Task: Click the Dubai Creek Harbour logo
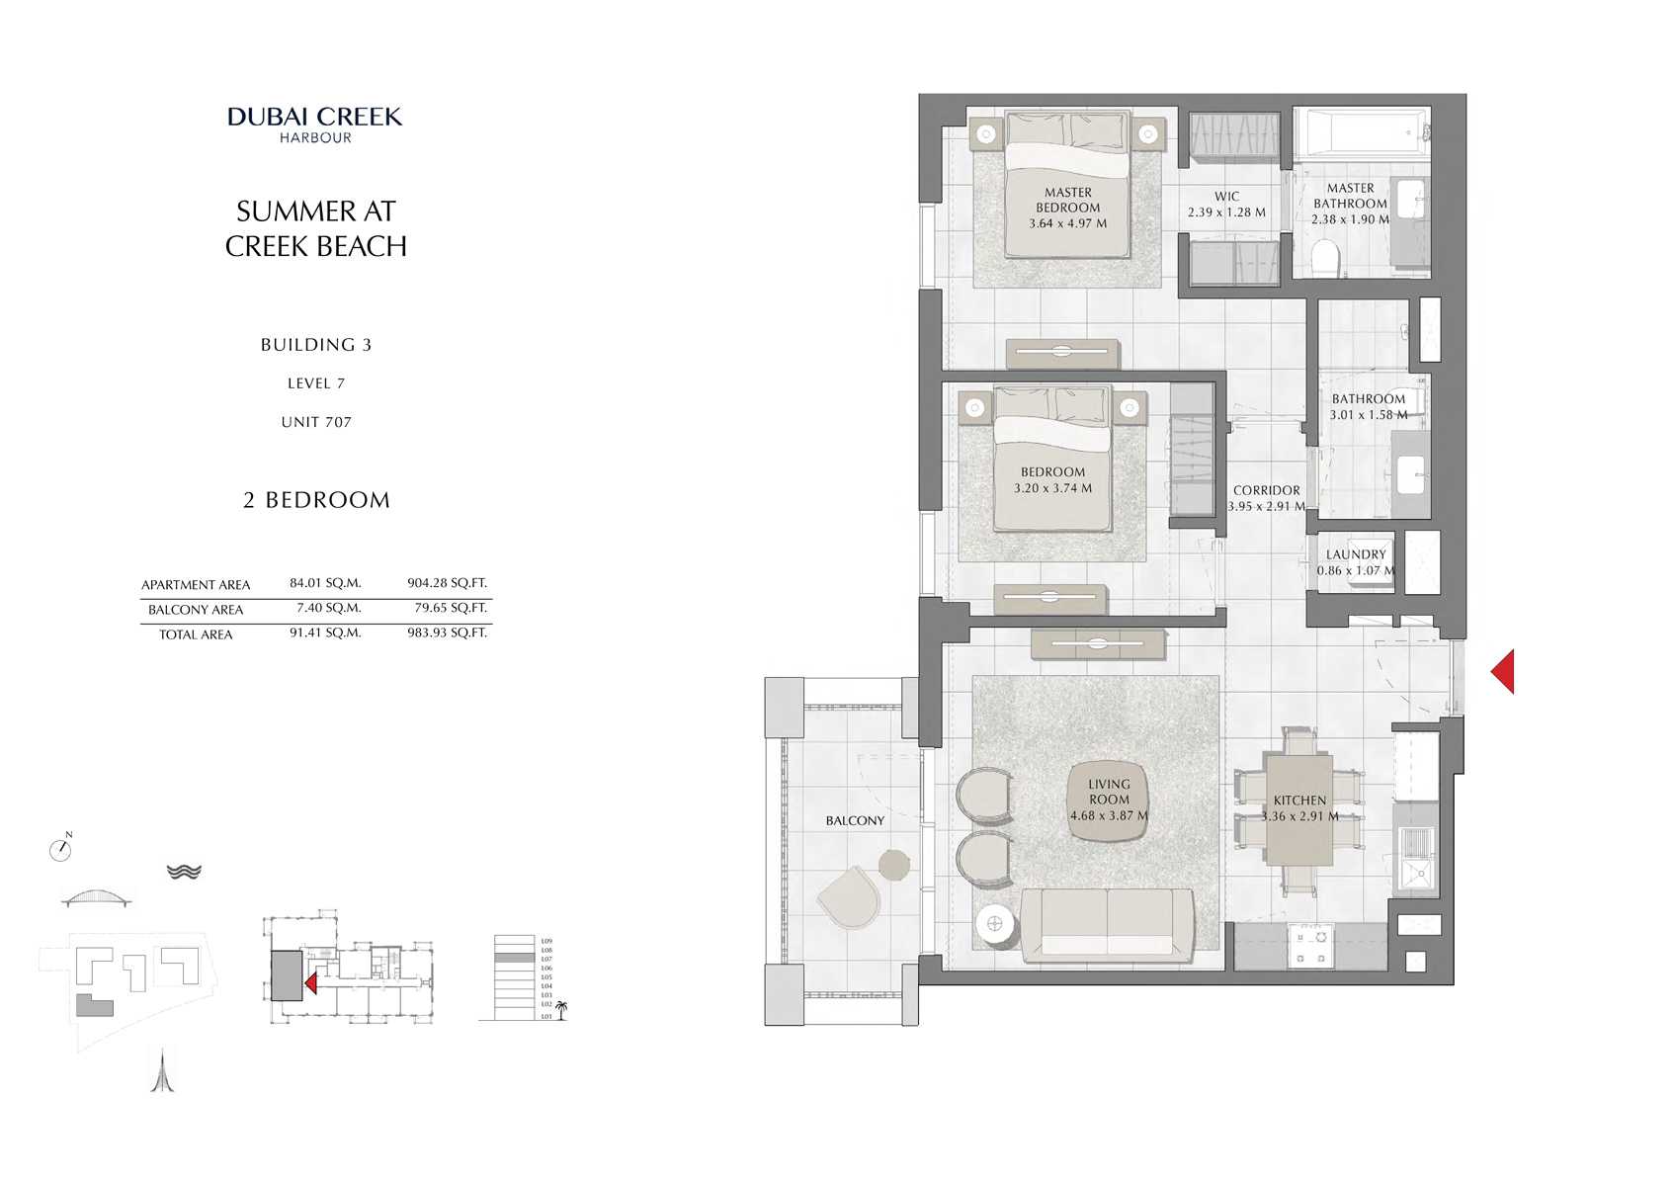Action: pos(315,125)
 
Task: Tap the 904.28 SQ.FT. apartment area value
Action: pos(447,583)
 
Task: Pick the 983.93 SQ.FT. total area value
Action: pos(447,633)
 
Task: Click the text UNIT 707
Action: pos(315,422)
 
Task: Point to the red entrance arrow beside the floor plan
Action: pos(1503,672)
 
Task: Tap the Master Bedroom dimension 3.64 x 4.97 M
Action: pos(1067,223)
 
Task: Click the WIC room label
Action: pos(1226,197)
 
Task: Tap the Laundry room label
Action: pos(1356,554)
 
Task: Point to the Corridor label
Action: pos(1266,490)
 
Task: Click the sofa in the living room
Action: pos(1107,924)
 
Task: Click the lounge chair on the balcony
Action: pos(849,897)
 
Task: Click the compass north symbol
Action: pos(60,849)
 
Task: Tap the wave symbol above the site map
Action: pos(184,872)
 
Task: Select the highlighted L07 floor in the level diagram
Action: pos(513,959)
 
